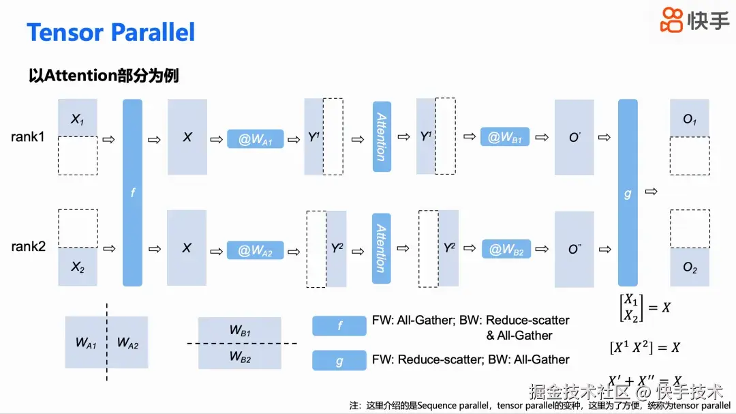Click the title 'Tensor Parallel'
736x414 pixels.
[110, 32]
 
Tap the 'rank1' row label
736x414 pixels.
[28, 137]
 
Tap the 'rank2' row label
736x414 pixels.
[28, 246]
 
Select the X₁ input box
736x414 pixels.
[78, 119]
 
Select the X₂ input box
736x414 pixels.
[78, 267]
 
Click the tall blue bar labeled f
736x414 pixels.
[132, 192]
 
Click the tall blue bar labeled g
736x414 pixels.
[628, 192]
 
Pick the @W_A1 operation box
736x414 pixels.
[255, 139]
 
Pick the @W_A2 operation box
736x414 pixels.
[255, 250]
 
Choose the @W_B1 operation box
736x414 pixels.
[505, 137]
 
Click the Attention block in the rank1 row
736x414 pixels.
[382, 136]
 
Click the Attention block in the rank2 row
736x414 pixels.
[382, 248]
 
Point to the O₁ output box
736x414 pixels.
[690, 119]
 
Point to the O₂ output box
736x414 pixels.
[690, 268]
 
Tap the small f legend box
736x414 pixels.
[339, 326]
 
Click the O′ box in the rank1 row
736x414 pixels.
[574, 137]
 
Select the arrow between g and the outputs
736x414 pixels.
[651, 192]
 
